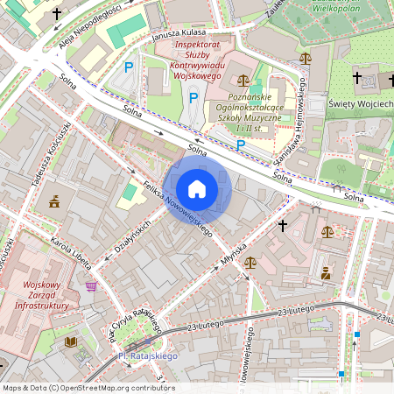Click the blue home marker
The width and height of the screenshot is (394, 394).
point(197,189)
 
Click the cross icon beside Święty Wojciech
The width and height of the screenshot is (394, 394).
point(356,79)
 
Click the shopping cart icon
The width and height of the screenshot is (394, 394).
point(91,285)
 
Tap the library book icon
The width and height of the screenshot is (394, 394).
point(70,342)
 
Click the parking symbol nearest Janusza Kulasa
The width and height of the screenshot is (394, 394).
point(129,67)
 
